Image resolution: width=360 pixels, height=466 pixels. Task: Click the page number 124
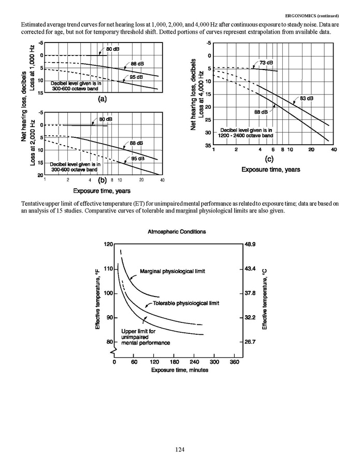click(180, 449)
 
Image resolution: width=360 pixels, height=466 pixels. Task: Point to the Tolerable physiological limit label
click(186, 302)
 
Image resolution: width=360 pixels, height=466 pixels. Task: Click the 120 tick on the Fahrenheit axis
click(108, 244)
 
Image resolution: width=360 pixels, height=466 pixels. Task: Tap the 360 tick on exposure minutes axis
click(235, 362)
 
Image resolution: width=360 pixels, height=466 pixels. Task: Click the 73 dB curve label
click(266, 63)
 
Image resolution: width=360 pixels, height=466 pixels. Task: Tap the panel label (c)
click(269, 159)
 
